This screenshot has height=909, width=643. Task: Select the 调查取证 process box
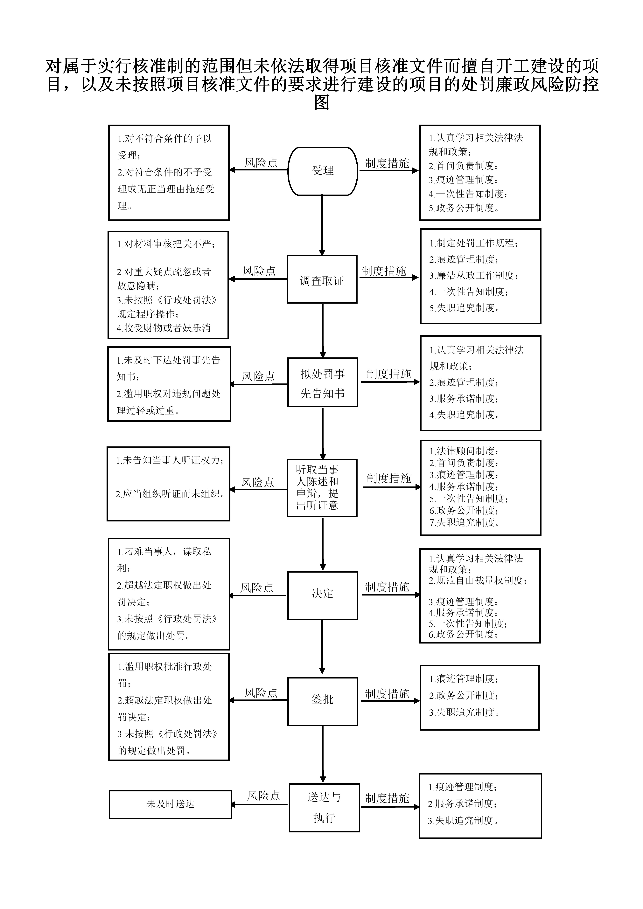pyautogui.click(x=322, y=279)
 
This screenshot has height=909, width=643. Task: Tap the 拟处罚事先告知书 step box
pyautogui.click(x=323, y=382)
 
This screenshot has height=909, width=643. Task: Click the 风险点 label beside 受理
pyautogui.click(x=260, y=163)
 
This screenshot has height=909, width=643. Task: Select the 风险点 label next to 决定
pyautogui.click(x=257, y=588)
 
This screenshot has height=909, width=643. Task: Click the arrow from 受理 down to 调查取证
pyautogui.click(x=322, y=225)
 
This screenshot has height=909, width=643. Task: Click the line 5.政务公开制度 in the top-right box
pyautogui.click(x=464, y=208)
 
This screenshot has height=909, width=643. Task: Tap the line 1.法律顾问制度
pyautogui.click(x=464, y=451)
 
